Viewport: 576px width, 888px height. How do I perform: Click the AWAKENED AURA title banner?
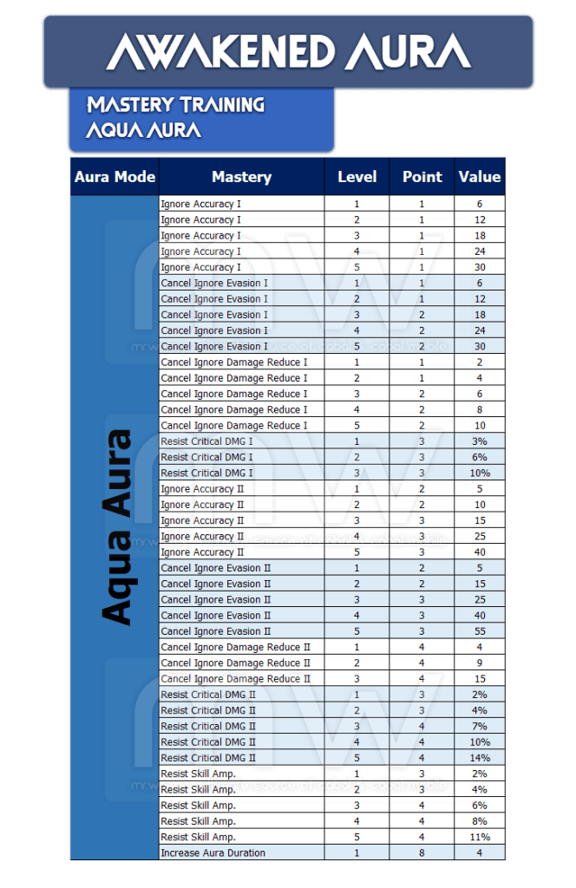point(288,52)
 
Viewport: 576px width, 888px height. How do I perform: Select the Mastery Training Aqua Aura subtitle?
point(175,118)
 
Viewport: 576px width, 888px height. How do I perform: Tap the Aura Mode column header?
point(115,177)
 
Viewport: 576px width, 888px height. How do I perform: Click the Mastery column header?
point(241,177)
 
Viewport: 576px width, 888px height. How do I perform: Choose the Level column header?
point(357,177)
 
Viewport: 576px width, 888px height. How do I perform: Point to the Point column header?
point(422,177)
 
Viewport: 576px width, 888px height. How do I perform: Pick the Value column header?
point(480,177)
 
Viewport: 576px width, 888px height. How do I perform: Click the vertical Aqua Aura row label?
point(115,527)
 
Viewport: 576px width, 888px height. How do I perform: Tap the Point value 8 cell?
point(422,853)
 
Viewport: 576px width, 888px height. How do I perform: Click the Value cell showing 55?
point(480,631)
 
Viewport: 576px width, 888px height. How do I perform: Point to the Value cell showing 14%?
point(480,758)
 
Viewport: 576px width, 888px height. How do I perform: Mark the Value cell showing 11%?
point(480,838)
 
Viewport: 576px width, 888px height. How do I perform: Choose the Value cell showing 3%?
point(480,441)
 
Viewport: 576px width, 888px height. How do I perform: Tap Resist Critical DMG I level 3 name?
point(207,473)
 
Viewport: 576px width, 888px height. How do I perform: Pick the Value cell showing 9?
point(480,663)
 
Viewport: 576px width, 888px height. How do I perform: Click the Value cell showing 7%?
point(480,727)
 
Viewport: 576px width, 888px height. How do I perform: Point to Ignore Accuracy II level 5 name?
point(203,552)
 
